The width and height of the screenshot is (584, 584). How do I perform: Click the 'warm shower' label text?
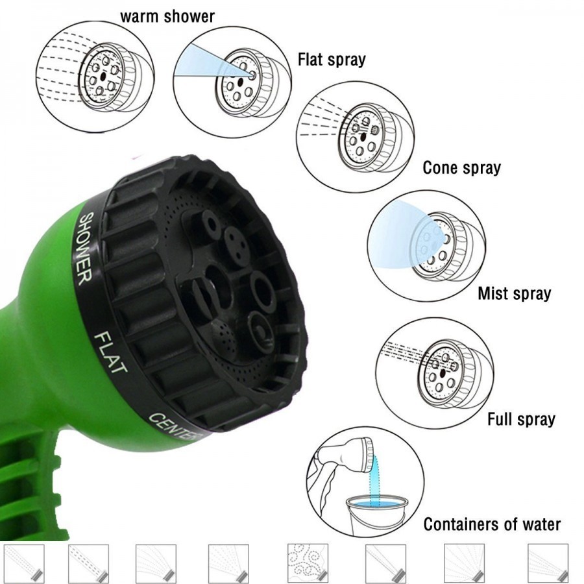167,16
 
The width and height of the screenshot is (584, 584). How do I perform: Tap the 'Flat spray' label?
332,60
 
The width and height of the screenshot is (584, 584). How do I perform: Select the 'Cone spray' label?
461,168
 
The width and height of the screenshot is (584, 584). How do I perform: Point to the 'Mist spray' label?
514,293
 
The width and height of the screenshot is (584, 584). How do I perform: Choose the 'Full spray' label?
521,419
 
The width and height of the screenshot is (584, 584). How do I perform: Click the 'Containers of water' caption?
492,524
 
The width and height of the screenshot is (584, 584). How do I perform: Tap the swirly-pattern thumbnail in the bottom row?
306,562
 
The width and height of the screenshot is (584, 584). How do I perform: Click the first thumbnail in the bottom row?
24,563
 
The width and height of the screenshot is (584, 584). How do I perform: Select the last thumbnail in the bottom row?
548,563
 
